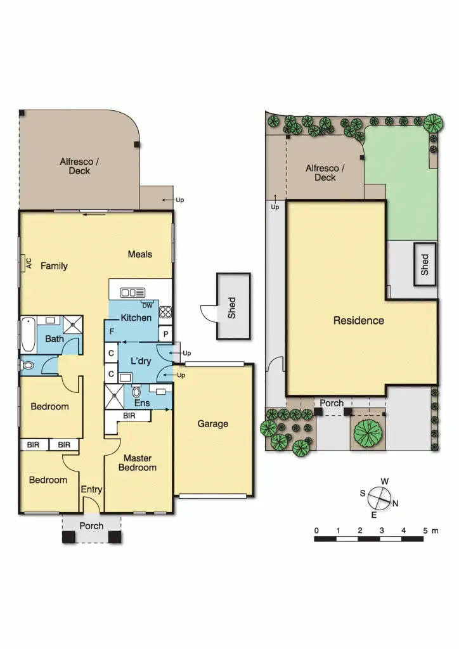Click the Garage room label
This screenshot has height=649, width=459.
[212, 424]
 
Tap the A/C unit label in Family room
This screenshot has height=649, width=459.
[29, 263]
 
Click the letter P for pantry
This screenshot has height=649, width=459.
[165, 334]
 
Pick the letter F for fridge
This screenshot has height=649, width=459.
[112, 331]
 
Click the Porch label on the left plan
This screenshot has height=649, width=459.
[91, 526]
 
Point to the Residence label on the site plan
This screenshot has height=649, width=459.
[359, 321]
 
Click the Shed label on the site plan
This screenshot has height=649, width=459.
[425, 264]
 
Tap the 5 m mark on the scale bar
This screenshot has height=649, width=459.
[426, 530]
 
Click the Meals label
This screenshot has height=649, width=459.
[140, 254]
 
